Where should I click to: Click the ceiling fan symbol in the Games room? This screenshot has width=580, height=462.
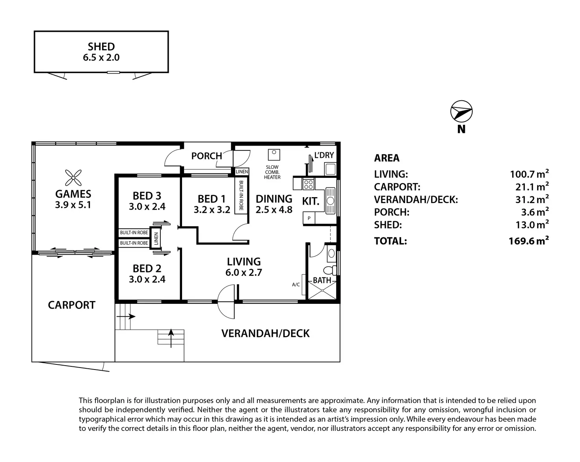pyautogui.click(x=73, y=177)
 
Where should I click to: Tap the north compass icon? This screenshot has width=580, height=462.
pyautogui.click(x=461, y=112)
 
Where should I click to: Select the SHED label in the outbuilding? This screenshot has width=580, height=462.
pyautogui.click(x=101, y=46)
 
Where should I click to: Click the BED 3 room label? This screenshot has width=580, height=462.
pyautogui.click(x=147, y=196)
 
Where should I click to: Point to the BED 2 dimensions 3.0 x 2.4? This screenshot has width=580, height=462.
pyautogui.click(x=147, y=279)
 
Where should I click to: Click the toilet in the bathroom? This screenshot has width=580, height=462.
pyautogui.click(x=329, y=270)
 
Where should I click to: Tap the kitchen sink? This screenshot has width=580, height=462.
pyautogui.click(x=331, y=200)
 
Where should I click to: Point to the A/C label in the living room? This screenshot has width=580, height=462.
pyautogui.click(x=296, y=285)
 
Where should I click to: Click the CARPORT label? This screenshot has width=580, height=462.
pyautogui.click(x=72, y=305)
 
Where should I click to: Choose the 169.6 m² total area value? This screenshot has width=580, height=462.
pyautogui.click(x=529, y=241)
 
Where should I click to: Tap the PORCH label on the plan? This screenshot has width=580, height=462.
pyautogui.click(x=206, y=156)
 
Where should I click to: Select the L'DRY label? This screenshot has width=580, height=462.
pyautogui.click(x=324, y=155)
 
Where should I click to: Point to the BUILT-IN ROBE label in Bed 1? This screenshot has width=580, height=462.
pyautogui.click(x=240, y=196)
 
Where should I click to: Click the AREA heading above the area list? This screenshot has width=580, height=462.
pyautogui.click(x=387, y=158)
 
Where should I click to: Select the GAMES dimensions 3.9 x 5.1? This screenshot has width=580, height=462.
pyautogui.click(x=73, y=205)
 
